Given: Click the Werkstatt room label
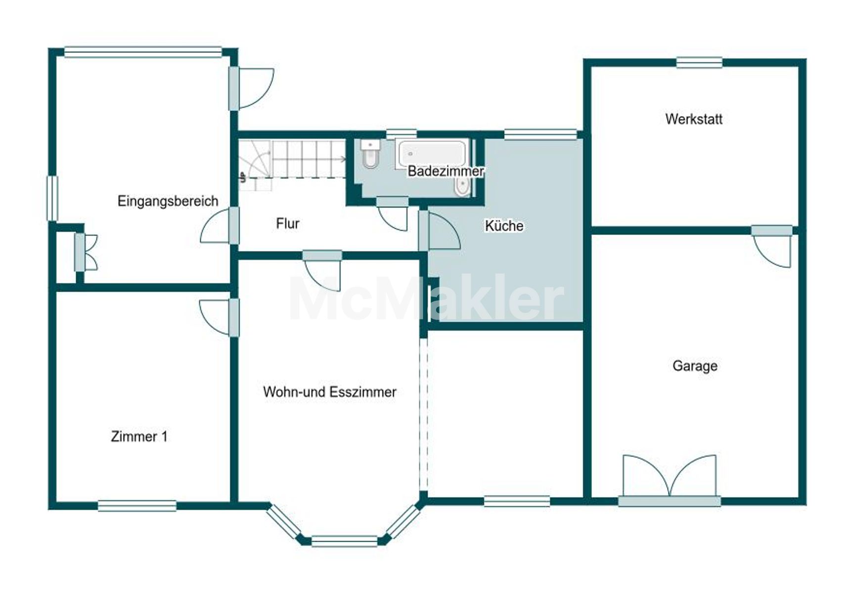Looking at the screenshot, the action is pos(694,119).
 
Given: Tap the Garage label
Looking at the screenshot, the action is pos(695,366).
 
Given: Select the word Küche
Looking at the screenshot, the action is pos(504,226).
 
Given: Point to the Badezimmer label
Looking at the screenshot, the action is pos(446,171).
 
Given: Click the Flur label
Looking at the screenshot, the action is pos(288,223).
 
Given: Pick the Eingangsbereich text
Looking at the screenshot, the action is pos(168,201).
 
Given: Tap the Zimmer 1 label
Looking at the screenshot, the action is pos(139,436).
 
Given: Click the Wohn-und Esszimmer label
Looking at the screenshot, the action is pos(330,392).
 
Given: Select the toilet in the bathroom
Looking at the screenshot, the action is pos(370,153).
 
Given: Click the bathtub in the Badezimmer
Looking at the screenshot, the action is pos(432,153).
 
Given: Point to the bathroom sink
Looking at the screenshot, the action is pos(462,186).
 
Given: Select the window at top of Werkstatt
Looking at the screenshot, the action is pos(699,63).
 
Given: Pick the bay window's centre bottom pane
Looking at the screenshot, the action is pos(344,541).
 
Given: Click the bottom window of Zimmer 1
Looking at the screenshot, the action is pos(137,506).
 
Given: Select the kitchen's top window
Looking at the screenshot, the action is pos(540,134).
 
